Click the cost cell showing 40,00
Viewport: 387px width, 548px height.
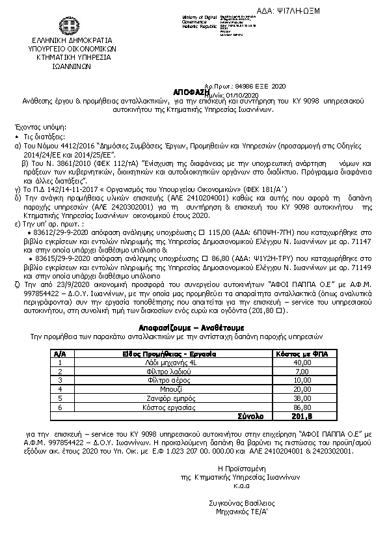302,362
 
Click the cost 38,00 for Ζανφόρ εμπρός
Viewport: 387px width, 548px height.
302,398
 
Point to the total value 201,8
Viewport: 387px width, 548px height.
302,416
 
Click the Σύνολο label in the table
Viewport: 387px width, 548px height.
250,416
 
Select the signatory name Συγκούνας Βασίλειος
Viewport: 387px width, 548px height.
242,503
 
